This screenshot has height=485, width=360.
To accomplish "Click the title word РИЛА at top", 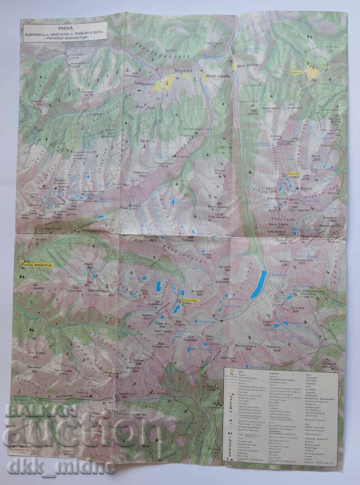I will pos(65,24).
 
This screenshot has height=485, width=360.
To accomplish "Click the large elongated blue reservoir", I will pos(258,285).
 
